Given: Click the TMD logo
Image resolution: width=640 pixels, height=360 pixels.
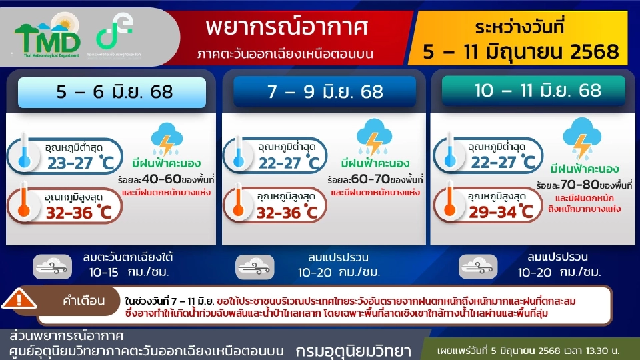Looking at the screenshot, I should [47, 38].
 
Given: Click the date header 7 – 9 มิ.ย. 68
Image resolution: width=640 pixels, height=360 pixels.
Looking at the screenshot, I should [325, 92].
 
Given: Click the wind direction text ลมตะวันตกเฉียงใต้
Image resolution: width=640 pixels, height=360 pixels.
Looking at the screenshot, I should [130, 257].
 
